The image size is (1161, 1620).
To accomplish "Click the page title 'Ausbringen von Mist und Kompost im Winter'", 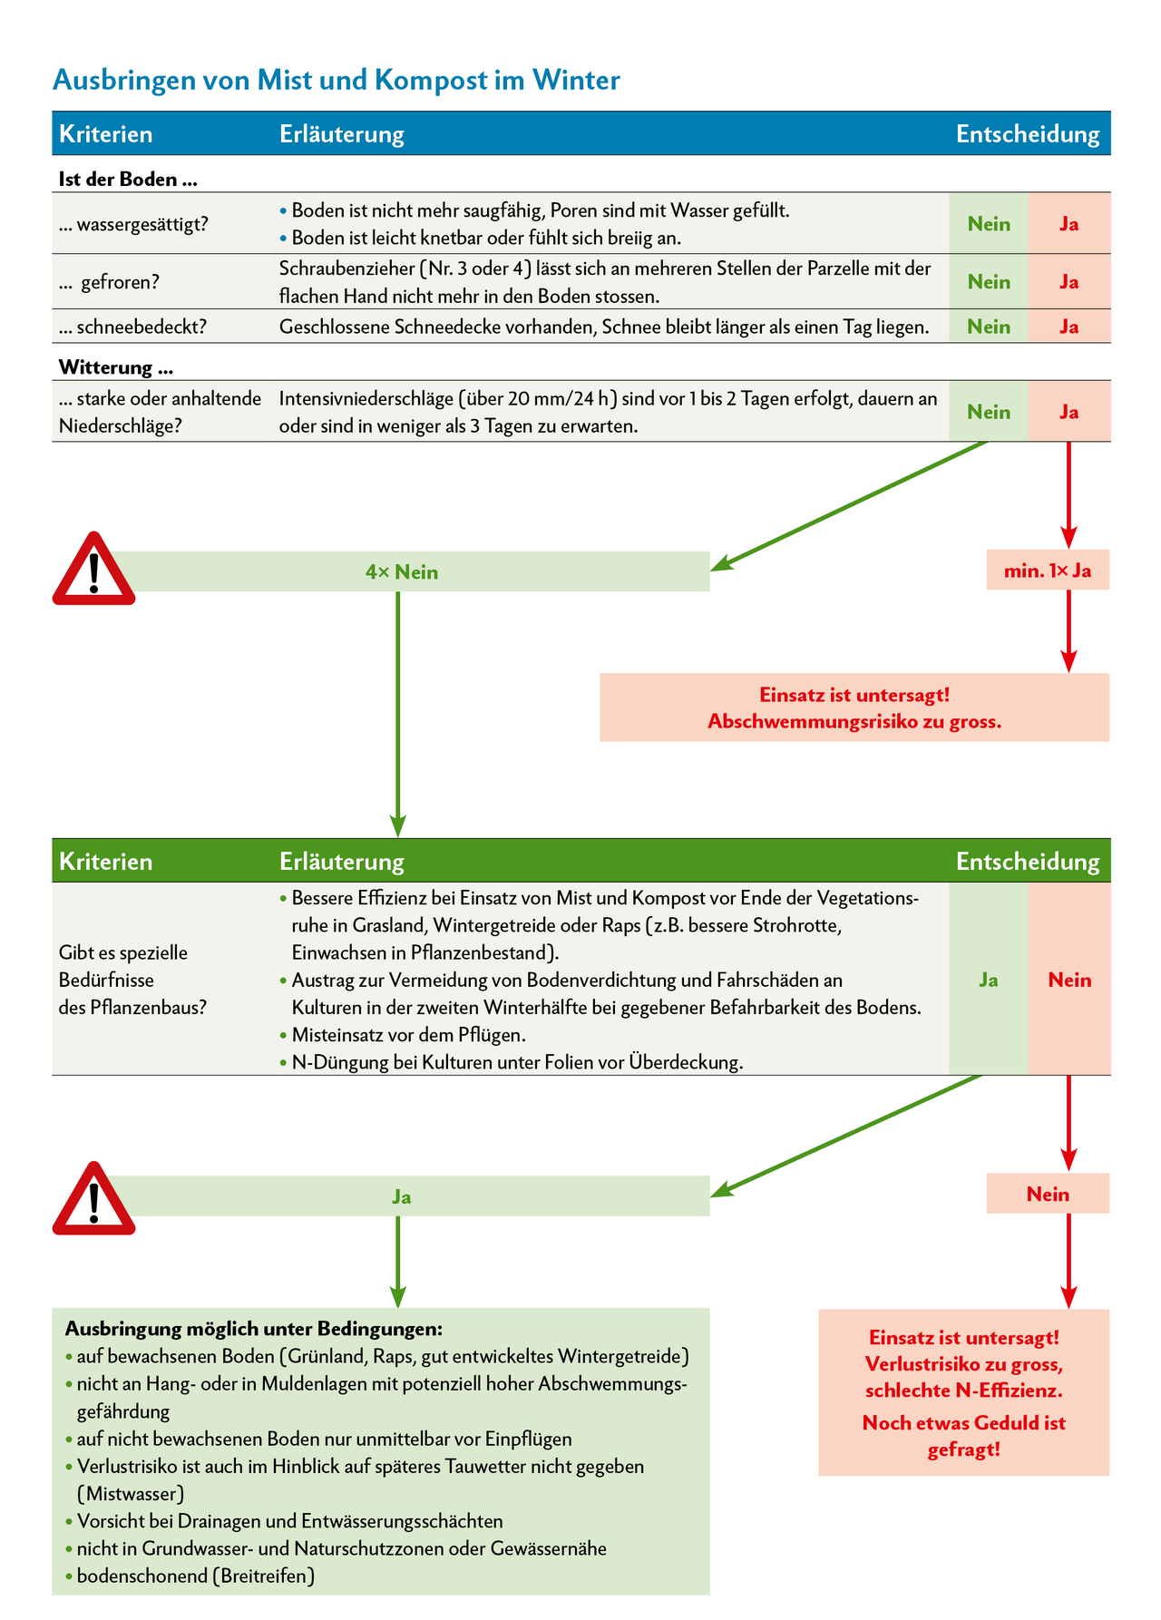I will coord(336,81).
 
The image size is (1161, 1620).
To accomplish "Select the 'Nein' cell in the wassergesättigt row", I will coord(989,224).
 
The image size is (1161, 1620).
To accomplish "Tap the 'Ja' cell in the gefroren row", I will coord(1069,282).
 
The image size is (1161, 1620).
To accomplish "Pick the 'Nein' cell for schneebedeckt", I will coord(989,327).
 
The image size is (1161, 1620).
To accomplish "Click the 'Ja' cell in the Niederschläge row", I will coord(1069,412).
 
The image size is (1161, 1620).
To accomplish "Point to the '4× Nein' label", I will coord(402,572).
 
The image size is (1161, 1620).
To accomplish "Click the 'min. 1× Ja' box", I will coord(1048,571).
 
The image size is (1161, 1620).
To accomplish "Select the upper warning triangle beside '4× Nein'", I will coord(93,571).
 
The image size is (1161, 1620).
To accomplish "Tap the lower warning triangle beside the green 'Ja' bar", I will coord(93,1199).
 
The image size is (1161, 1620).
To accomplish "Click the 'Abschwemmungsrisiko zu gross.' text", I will coord(854,722).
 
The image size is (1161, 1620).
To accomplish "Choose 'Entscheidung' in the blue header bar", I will coord(1028,134).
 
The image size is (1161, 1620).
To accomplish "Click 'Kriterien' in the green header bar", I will coord(106,861).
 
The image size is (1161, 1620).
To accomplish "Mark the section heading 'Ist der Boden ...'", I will coord(128,180).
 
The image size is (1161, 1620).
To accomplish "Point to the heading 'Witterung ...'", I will coord(116,367).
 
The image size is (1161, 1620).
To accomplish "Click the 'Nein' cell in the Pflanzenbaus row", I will coord(1069,980).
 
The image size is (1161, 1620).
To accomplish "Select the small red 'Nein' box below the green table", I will coord(1048,1195).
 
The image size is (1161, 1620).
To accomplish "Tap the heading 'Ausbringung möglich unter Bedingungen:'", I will coord(254,1329).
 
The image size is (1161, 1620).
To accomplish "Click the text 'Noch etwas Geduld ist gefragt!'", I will coord(963,1436).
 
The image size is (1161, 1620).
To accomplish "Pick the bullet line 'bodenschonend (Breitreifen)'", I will coord(196,1576).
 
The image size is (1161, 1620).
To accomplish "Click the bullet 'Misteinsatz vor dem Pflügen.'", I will coord(409,1035).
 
